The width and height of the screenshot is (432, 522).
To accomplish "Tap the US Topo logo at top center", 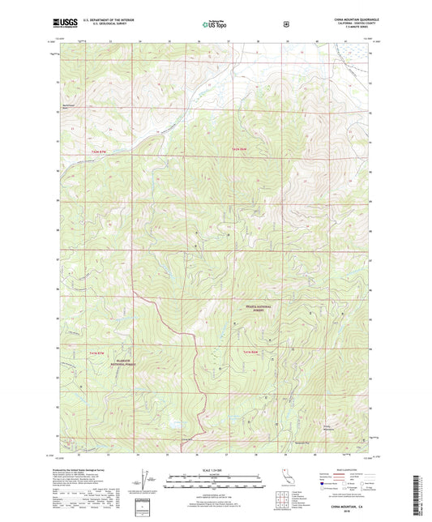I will (215, 24).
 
